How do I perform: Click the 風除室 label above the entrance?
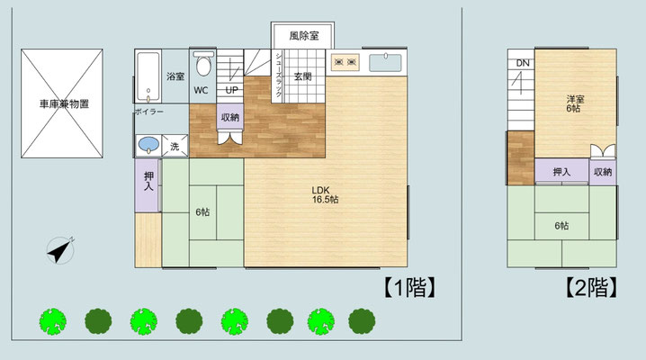pos(303,36)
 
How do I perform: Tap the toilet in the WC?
pos(203,63)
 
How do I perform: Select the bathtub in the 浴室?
pos(148,76)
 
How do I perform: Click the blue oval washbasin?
pos(148,145)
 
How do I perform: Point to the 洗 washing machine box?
pos(175,146)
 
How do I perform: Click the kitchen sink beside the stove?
pos(385,63)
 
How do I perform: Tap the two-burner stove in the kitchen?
pos(345,62)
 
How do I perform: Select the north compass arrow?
pos(60,250)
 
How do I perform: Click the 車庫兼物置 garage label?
pos(64,103)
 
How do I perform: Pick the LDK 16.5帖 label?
pos(325,194)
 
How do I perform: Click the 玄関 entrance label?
pos(303,76)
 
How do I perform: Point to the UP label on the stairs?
pos(231,90)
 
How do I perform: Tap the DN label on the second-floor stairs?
pos(523,63)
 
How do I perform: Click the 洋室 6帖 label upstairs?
pos(575,103)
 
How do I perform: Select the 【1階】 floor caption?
pos(409,287)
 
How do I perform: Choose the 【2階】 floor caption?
pos(591,287)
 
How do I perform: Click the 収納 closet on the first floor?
pos(230,117)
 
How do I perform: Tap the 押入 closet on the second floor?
pos(561,171)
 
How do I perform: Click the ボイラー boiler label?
pos(149,112)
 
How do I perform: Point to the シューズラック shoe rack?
pos(279,76)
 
